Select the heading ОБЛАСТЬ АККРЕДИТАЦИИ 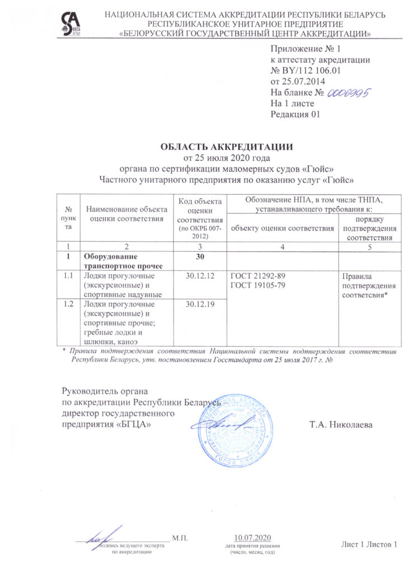227,147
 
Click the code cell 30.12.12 200,276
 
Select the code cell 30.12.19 200,304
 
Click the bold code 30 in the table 200,257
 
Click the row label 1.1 69,276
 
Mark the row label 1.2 69,304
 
